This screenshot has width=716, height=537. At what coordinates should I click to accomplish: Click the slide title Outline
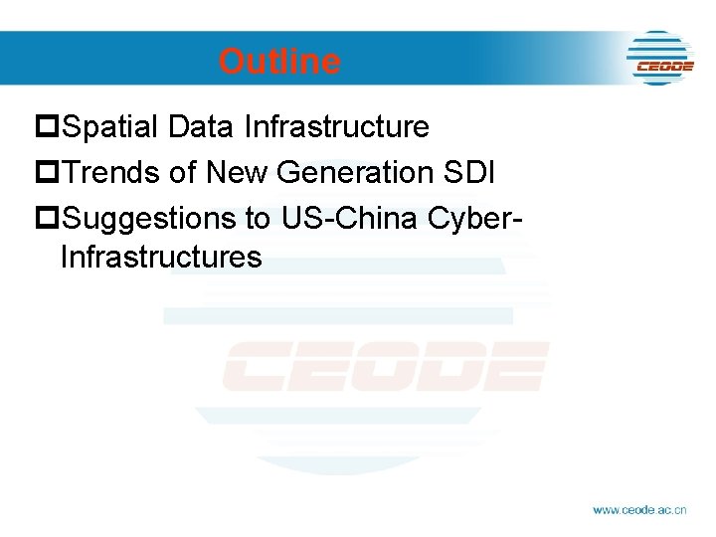279,62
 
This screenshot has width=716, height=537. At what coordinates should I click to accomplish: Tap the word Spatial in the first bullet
110,127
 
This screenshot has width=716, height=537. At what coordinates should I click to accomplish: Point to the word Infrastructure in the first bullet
336,127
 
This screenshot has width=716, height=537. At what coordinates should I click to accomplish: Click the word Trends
110,172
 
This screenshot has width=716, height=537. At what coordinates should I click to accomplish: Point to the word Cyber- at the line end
475,217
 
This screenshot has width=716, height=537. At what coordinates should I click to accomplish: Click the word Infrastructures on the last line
161,258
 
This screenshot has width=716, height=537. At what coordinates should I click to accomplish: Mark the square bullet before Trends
47,173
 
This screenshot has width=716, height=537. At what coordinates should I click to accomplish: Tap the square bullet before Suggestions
47,218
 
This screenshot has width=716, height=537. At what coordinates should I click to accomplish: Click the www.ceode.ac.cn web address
639,509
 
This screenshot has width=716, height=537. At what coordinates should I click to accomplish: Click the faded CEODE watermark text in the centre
385,366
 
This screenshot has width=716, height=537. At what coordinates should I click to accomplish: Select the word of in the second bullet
183,172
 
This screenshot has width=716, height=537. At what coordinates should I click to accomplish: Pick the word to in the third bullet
261,217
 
